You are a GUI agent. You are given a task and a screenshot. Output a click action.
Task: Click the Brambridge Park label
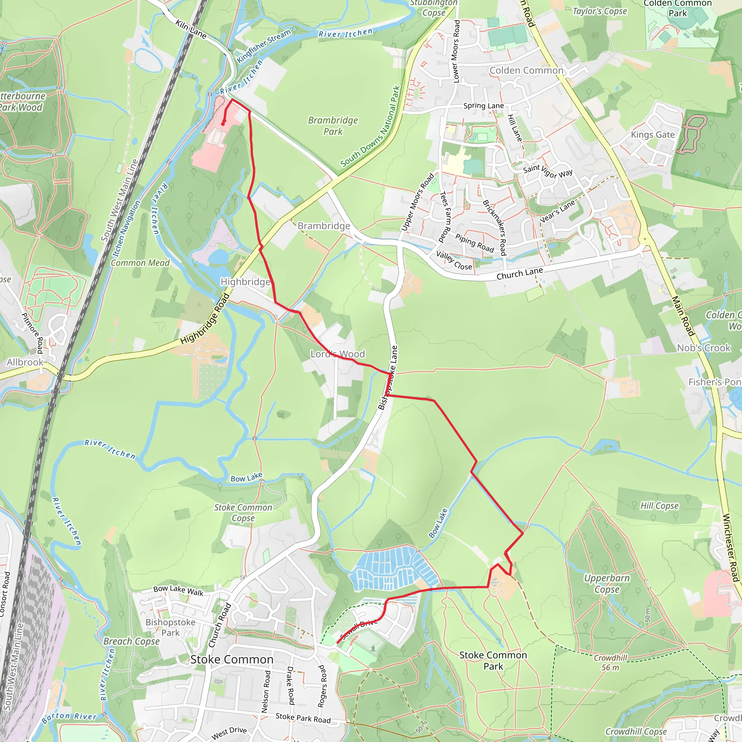point(333,126)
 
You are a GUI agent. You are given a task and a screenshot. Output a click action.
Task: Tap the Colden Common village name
point(526,70)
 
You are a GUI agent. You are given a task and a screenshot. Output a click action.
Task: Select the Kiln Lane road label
point(191,29)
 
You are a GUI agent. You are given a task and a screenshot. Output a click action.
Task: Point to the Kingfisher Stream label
point(264,46)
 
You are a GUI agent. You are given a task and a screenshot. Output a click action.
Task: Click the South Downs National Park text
point(370,127)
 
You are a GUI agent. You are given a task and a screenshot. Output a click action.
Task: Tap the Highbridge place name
point(245,282)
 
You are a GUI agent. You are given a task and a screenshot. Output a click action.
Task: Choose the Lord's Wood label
point(338,354)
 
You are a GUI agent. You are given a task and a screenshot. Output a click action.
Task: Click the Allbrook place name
point(25,362)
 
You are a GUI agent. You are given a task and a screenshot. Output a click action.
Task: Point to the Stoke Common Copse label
point(243,513)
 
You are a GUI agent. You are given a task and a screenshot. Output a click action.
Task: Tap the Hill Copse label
point(659,506)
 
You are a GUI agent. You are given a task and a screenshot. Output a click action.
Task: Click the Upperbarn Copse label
point(607,583)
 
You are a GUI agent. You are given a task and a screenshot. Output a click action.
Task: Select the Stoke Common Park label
point(493,660)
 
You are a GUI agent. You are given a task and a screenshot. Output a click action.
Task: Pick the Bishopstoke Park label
point(170,627)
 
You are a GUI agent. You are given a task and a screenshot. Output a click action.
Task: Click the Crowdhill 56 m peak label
point(610,663)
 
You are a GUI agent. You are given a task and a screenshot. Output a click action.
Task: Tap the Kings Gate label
point(653,134)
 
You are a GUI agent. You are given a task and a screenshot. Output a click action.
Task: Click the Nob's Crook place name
point(703,348)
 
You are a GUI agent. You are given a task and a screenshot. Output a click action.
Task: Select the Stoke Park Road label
point(303,718)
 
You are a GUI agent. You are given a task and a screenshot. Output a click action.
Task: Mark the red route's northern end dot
point(223,124)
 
